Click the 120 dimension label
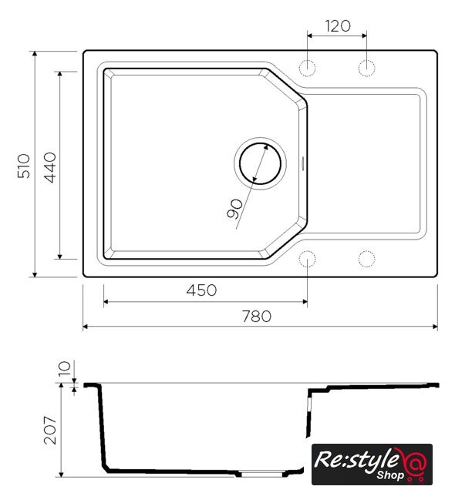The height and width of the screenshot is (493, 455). click(x=338, y=26)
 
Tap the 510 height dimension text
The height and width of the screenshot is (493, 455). click(x=24, y=166)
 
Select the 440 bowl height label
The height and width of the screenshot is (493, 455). click(x=49, y=167)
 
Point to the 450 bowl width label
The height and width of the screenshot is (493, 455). click(x=201, y=290)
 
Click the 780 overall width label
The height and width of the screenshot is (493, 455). click(x=257, y=317)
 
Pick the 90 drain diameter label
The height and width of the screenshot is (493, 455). click(x=234, y=209)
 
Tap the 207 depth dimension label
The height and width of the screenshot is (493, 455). click(x=50, y=430)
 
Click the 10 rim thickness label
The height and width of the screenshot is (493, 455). click(x=65, y=368)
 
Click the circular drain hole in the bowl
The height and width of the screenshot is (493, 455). click(x=260, y=163)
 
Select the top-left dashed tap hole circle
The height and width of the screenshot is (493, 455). click(x=307, y=68)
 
